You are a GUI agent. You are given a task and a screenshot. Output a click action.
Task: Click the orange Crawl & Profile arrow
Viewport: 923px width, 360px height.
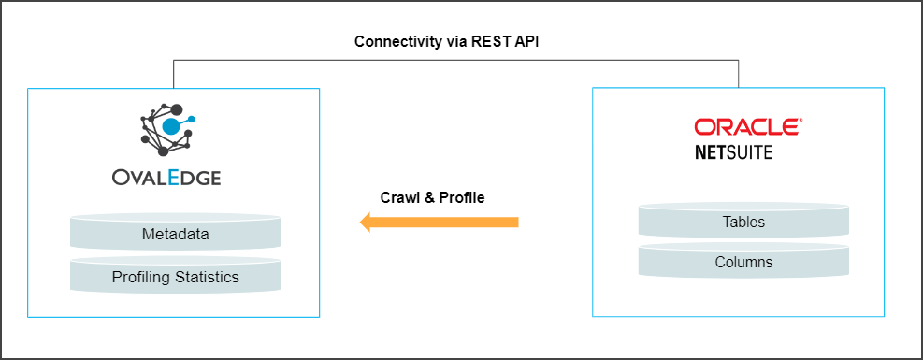pos(440,222)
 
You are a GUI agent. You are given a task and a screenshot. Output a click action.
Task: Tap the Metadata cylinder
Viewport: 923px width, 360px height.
pos(175,234)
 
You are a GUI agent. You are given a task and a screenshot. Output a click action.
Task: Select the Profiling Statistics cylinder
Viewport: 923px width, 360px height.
pos(175,277)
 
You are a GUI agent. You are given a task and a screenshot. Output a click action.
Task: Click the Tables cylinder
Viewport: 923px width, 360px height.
pos(743,223)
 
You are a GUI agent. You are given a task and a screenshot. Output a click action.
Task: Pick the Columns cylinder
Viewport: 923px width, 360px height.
pos(743,262)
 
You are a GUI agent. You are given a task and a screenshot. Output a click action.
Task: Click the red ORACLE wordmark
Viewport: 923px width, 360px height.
pos(746,127)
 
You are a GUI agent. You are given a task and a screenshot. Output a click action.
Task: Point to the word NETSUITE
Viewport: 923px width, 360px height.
pos(733,151)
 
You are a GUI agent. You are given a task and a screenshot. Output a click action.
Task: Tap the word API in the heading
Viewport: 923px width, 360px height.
pos(540,43)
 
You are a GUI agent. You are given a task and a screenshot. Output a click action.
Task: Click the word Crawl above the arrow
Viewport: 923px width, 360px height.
pos(400,198)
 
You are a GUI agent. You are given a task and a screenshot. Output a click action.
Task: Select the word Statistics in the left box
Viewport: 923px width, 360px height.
pos(209,277)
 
